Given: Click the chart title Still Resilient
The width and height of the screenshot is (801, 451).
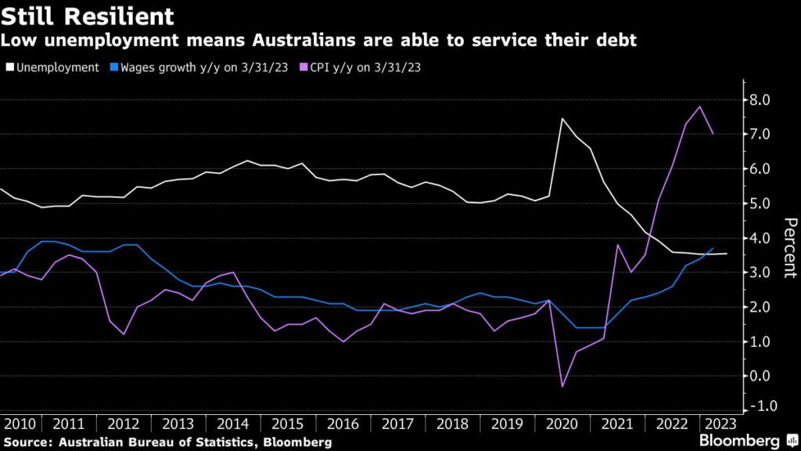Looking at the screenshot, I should [88, 16].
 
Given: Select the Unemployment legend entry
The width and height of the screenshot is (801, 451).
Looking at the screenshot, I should [54, 67].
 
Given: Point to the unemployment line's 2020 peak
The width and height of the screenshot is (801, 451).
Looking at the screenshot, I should [562, 118].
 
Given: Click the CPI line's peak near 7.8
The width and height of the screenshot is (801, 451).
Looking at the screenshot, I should [699, 106].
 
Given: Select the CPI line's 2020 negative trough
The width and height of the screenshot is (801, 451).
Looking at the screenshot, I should [562, 386].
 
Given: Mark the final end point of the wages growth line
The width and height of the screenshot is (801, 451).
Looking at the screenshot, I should [713, 248].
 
